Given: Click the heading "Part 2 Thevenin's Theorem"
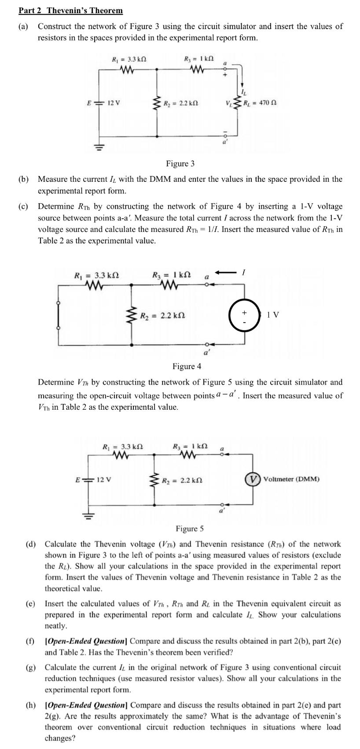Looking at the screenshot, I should point(70,11).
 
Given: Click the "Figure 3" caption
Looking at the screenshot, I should point(180,164).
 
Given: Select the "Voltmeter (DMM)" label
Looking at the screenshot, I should point(291,479).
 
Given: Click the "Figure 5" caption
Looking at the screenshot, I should point(190,529).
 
